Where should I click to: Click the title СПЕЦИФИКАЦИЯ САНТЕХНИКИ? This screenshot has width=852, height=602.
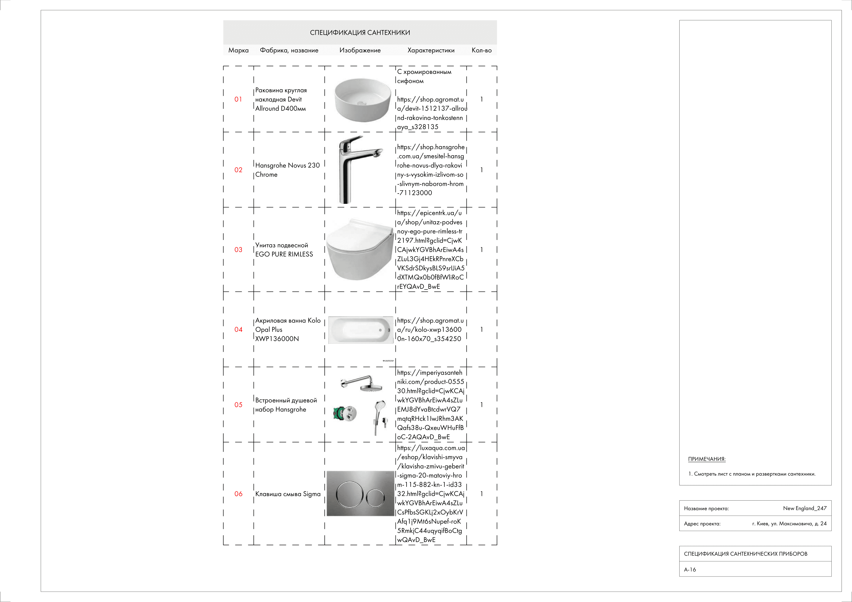click(360, 33)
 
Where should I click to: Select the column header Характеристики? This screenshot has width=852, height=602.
click(431, 50)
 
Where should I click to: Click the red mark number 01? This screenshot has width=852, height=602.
click(238, 99)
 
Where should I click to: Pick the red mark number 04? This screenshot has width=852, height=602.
click(238, 329)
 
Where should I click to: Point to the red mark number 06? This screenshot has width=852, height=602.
click(238, 494)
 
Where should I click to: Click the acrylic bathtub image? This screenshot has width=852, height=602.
click(361, 330)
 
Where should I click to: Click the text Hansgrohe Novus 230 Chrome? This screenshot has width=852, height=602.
click(287, 170)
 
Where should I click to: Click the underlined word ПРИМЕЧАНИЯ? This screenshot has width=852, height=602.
click(707, 459)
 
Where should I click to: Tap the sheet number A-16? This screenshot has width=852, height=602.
click(690, 569)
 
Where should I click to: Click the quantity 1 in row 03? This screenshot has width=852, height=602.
click(482, 250)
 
